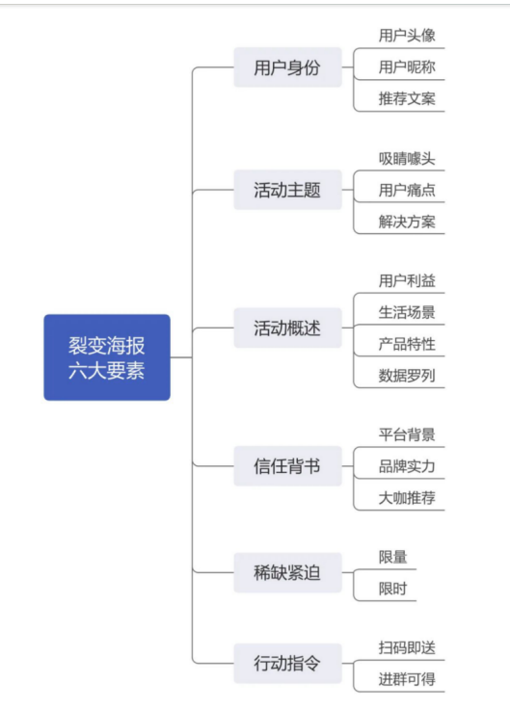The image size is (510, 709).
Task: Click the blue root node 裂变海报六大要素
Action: tap(107, 357)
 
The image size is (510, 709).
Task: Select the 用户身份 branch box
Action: tap(287, 67)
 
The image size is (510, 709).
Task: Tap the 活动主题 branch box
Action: tap(287, 190)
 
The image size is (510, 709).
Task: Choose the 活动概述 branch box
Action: tap(287, 328)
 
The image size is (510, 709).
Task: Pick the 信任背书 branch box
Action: tap(287, 465)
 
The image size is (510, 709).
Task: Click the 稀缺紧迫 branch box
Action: tap(287, 572)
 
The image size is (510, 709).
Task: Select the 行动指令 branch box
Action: tap(287, 664)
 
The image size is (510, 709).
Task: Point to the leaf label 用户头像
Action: tap(407, 36)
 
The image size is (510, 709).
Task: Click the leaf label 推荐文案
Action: tap(407, 98)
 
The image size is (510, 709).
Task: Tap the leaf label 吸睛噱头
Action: tap(407, 158)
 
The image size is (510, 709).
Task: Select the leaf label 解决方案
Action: tap(407, 222)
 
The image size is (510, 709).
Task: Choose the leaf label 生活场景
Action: tap(407, 312)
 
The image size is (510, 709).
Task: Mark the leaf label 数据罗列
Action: tap(407, 376)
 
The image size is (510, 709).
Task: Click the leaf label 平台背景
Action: tap(407, 434)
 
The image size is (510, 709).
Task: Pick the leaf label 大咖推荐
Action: tap(407, 498)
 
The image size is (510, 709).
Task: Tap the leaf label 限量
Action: tap(392, 557)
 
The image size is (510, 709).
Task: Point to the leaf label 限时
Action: tap(392, 589)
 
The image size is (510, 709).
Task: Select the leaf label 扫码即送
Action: tap(407, 647)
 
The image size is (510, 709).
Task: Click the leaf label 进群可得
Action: tap(407, 679)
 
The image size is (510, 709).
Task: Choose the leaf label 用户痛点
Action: tap(407, 190)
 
